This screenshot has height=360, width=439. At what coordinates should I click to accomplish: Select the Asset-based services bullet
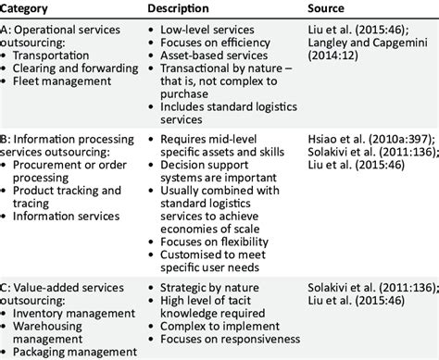(x=209, y=67)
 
